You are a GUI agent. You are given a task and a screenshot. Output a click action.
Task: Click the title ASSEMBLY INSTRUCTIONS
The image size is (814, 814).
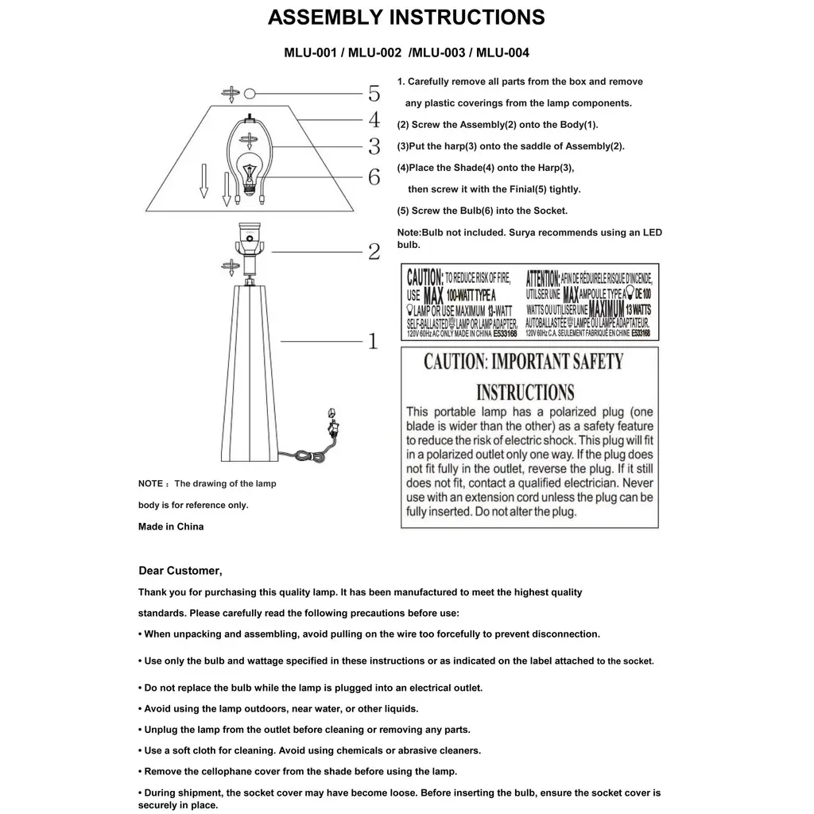click(x=406, y=17)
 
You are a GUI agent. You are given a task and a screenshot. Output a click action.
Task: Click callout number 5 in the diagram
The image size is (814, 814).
click(x=374, y=94)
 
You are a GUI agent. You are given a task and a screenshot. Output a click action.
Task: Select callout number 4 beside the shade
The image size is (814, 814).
click(x=374, y=120)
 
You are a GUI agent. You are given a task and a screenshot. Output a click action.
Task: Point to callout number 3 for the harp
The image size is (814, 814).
click(x=374, y=147)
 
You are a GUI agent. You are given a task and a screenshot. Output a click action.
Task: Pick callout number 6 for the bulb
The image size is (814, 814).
click(x=374, y=177)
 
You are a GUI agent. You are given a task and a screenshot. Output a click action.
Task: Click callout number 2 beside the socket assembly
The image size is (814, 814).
click(x=374, y=252)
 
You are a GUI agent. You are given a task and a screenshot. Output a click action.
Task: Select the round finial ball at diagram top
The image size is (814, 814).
click(x=250, y=93)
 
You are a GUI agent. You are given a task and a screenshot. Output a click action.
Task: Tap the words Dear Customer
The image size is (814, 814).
click(x=180, y=571)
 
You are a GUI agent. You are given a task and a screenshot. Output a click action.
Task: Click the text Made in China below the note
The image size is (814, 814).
click(x=171, y=526)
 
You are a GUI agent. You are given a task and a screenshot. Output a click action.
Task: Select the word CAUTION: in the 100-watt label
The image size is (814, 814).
click(x=425, y=277)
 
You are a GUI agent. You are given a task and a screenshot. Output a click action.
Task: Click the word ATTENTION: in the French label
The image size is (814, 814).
click(x=543, y=277)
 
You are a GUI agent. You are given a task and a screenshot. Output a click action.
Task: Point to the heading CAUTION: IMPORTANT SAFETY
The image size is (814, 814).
click(x=524, y=362)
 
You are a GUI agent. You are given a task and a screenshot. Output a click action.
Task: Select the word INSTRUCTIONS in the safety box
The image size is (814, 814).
click(x=525, y=392)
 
